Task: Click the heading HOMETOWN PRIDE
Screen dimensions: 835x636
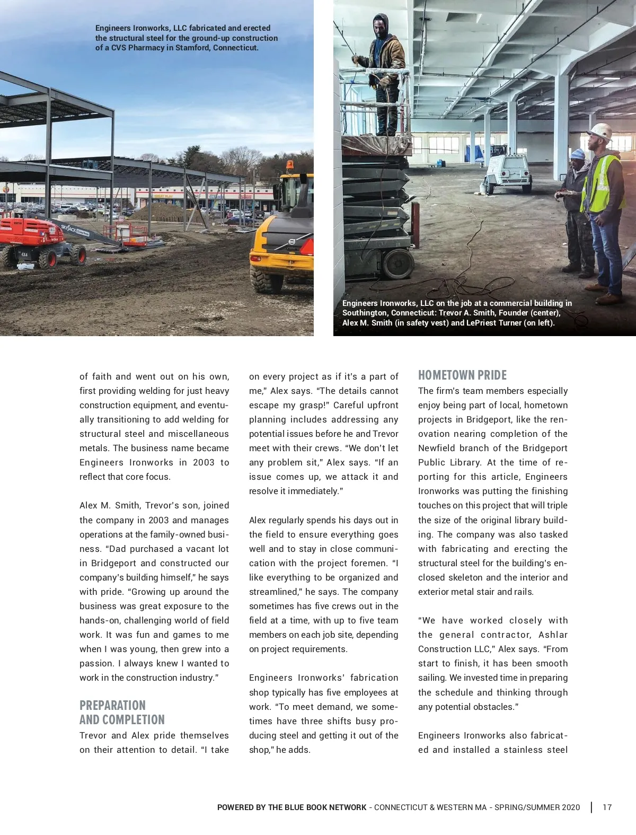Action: (462, 375)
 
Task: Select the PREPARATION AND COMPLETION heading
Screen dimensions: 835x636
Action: (122, 713)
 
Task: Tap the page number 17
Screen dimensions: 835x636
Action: (607, 807)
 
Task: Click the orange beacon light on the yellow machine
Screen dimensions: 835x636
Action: (289, 165)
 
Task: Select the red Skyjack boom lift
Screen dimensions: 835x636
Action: (37, 240)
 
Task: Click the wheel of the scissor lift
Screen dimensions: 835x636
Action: (399, 263)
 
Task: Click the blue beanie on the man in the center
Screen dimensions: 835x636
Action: (578, 154)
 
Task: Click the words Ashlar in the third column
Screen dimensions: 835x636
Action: (553, 635)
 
